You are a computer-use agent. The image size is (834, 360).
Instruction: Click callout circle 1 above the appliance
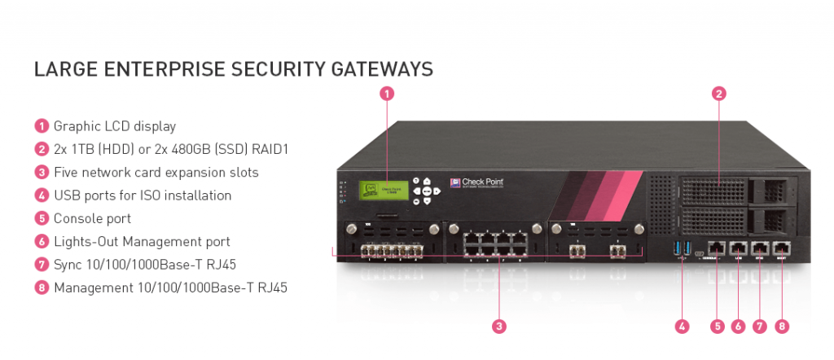[388, 93]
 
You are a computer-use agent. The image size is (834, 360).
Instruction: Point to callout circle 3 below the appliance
[499, 327]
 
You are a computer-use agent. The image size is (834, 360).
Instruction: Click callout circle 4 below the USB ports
[683, 327]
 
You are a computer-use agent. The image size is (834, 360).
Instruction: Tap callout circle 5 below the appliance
[717, 327]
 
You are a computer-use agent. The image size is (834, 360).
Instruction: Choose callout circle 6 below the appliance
[738, 327]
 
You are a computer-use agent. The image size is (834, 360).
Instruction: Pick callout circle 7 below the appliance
[759, 327]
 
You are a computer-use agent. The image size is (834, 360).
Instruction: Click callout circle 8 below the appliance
[782, 327]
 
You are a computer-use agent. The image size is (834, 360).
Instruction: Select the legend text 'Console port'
[92, 218]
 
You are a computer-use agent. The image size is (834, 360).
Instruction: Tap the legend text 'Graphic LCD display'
[114, 126]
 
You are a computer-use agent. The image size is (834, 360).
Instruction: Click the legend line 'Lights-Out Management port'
[141, 241]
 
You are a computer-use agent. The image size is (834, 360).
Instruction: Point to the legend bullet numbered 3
[42, 173]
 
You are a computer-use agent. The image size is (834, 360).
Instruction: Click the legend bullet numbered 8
[42, 288]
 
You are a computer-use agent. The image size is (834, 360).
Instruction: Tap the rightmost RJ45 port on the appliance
[782, 248]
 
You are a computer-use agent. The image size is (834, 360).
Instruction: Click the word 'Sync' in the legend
[68, 265]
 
